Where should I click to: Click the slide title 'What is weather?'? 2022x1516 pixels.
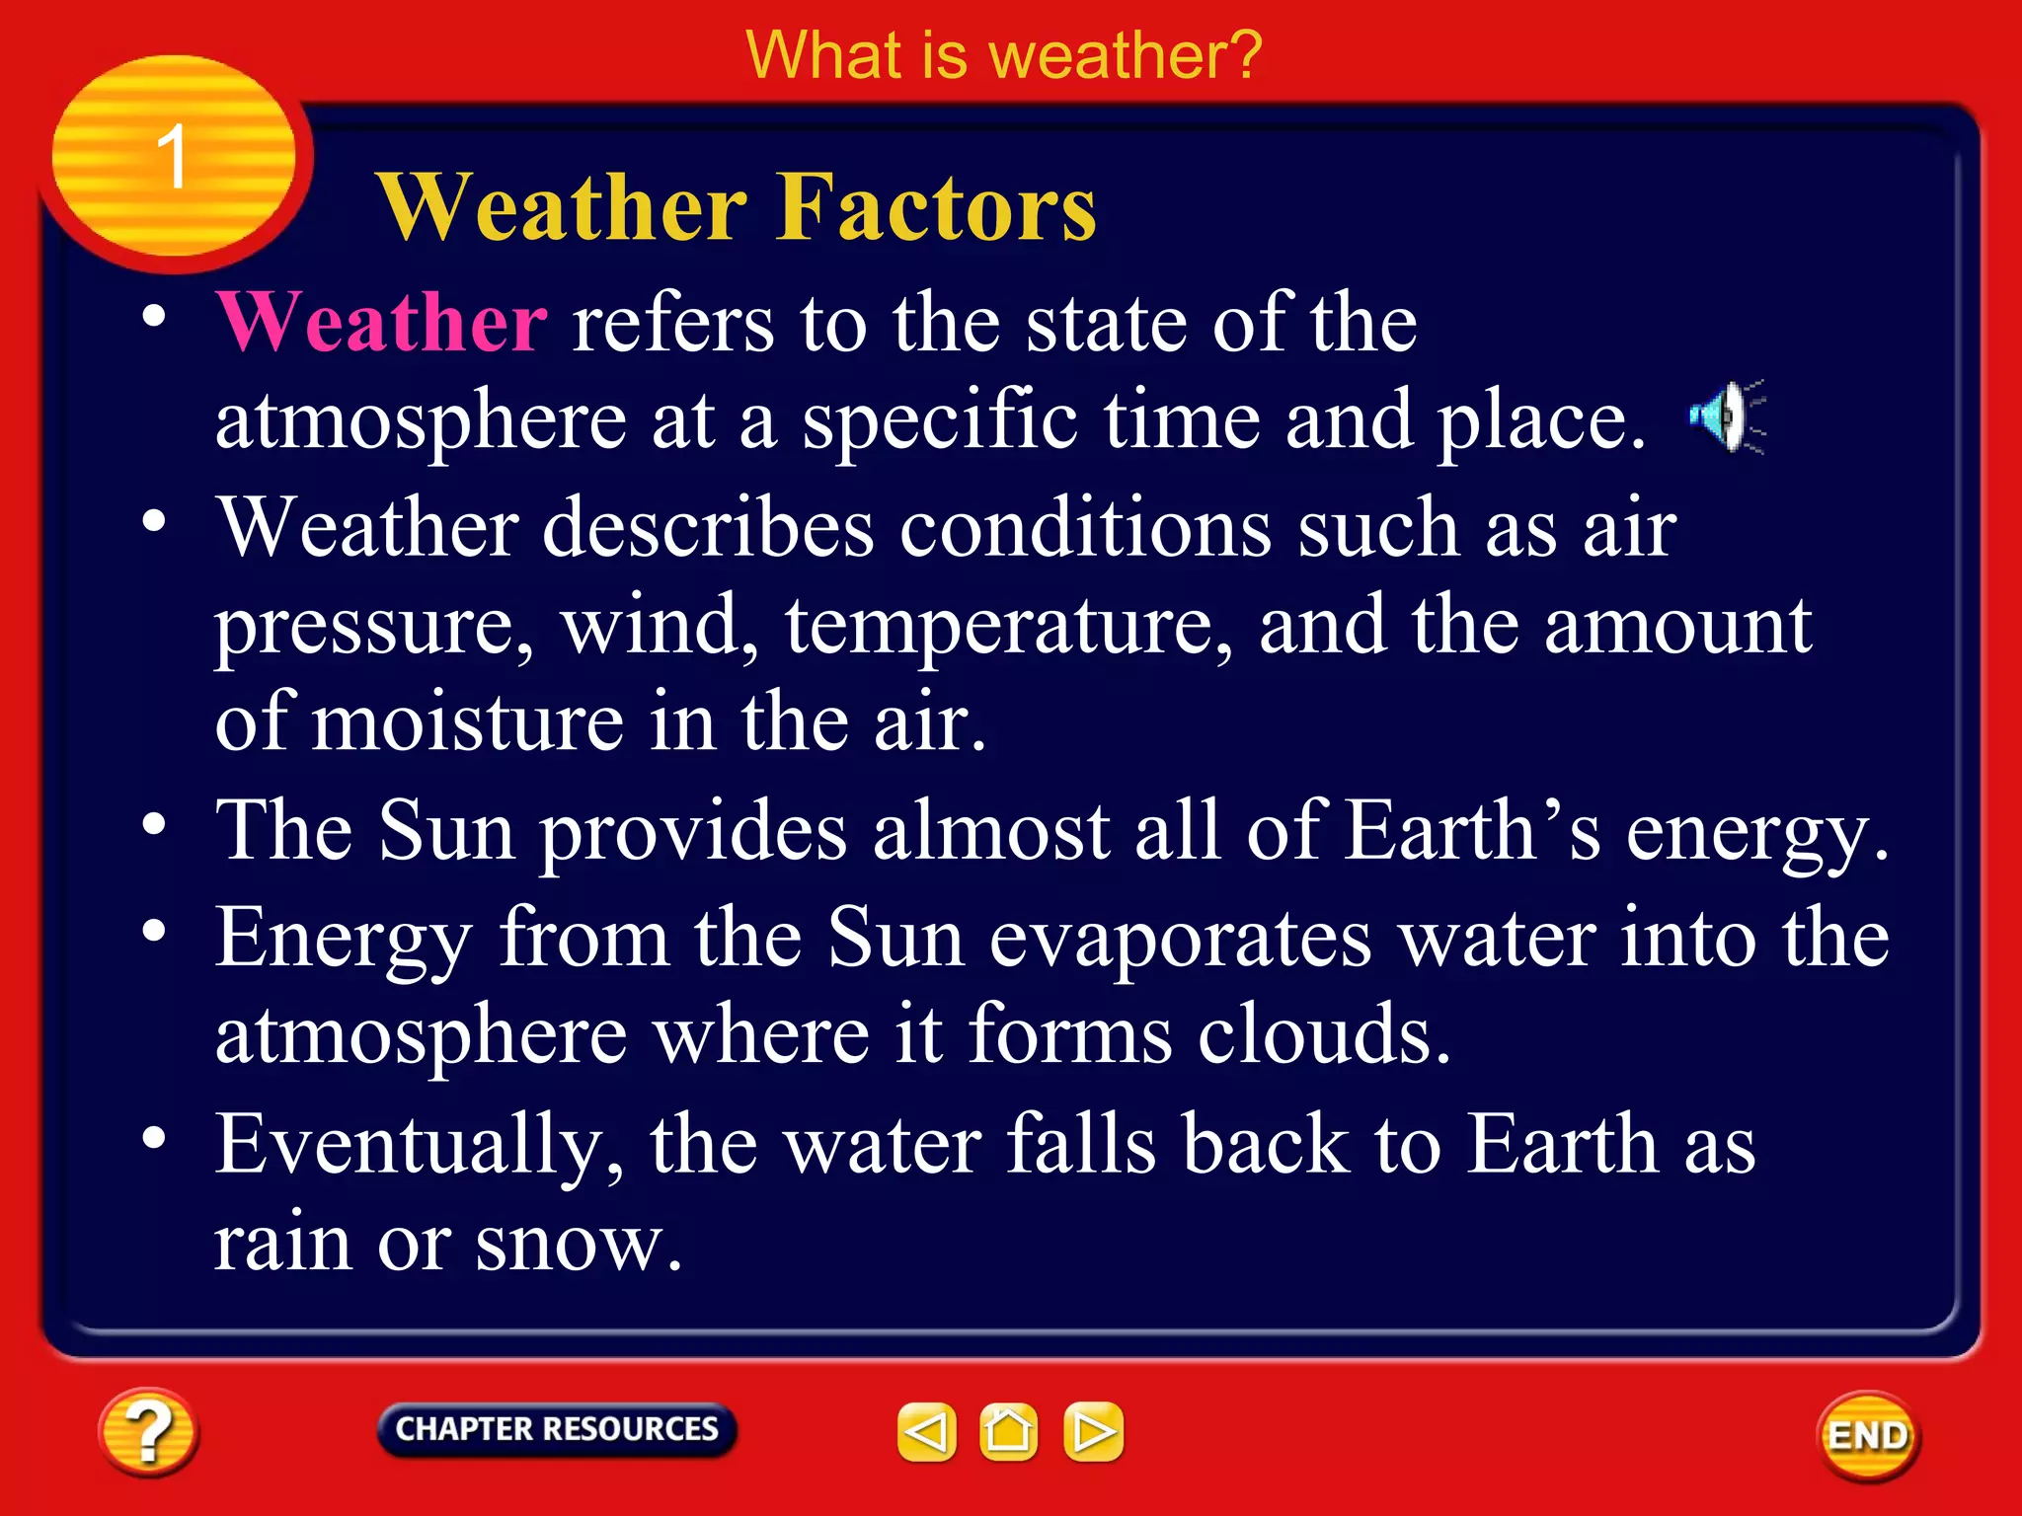click(x=1003, y=55)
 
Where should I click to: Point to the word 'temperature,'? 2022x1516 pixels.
click(x=1008, y=626)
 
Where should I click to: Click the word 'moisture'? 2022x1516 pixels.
click(x=468, y=722)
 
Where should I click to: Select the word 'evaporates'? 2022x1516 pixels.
click(x=1180, y=938)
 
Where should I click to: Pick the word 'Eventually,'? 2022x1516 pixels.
click(x=421, y=1144)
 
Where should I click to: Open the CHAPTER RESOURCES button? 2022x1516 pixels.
click(x=557, y=1429)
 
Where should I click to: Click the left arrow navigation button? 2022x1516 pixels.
click(x=926, y=1431)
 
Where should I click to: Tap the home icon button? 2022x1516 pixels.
click(x=1008, y=1431)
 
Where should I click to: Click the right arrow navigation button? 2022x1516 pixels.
click(x=1093, y=1431)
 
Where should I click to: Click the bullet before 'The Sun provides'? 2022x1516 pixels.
click(x=154, y=823)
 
